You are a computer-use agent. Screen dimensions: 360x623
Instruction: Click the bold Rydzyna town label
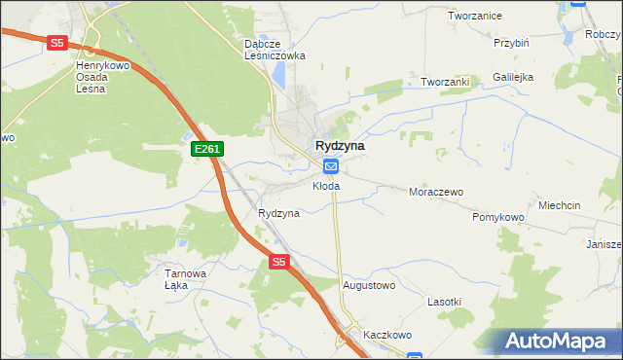click(340, 145)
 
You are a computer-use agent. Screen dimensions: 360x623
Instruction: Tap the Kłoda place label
click(326, 185)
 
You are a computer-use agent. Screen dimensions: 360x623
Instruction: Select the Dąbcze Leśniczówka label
click(275, 50)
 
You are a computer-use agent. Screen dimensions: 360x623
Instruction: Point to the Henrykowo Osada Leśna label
click(104, 77)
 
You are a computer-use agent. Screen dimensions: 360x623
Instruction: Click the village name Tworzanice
click(474, 16)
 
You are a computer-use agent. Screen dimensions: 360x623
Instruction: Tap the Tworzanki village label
click(445, 82)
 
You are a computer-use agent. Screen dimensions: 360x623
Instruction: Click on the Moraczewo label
click(435, 192)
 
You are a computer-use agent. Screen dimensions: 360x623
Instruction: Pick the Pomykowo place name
click(498, 217)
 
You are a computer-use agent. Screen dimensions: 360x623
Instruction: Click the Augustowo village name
click(369, 285)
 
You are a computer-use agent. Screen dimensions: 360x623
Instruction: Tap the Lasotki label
click(444, 302)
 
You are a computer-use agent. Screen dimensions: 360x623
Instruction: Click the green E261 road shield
click(207, 149)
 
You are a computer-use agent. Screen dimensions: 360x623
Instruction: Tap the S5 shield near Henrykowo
click(56, 43)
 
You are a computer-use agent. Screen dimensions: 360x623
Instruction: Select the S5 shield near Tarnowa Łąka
click(279, 262)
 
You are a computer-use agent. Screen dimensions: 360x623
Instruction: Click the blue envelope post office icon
click(330, 166)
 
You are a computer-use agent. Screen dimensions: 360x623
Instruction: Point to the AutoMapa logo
click(558, 341)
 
